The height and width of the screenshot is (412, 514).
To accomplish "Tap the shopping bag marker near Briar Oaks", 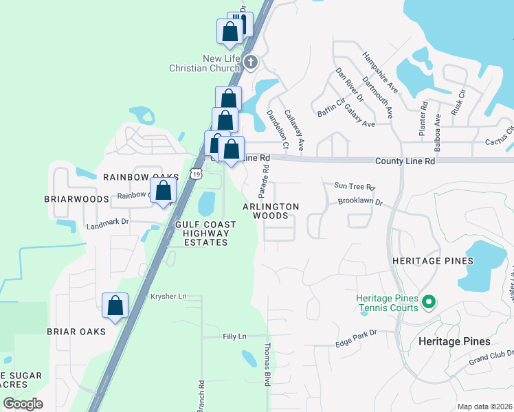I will click(x=115, y=306).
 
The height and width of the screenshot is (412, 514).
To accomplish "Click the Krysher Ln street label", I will click(x=168, y=296).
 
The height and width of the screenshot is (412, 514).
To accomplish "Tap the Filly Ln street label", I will click(x=234, y=336).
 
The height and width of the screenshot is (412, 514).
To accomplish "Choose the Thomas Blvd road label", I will click(x=268, y=364).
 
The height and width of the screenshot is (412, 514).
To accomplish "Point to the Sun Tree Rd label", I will click(x=355, y=186).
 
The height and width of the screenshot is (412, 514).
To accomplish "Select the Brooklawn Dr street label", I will click(x=359, y=203).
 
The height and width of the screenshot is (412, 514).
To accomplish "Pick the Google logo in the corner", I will click(x=23, y=404).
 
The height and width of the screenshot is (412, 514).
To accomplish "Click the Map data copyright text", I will click(x=484, y=407).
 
